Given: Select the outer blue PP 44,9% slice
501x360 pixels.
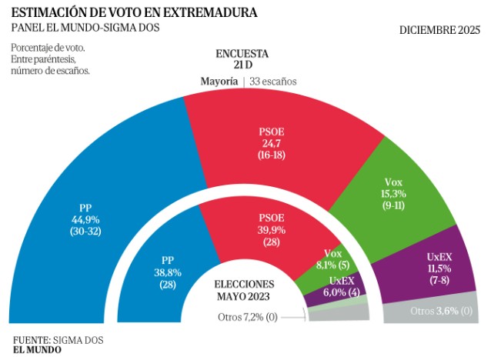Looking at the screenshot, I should tap(69, 231).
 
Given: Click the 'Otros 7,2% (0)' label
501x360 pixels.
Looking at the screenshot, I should tap(247, 316).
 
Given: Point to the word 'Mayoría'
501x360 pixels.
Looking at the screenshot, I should tap(219, 82).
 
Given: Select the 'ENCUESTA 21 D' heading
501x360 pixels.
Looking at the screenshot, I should tap(242, 59).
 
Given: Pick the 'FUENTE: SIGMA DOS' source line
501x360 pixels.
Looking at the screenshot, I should tap(58, 339).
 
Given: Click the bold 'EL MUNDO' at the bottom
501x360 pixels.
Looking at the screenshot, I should tap(38, 350).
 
